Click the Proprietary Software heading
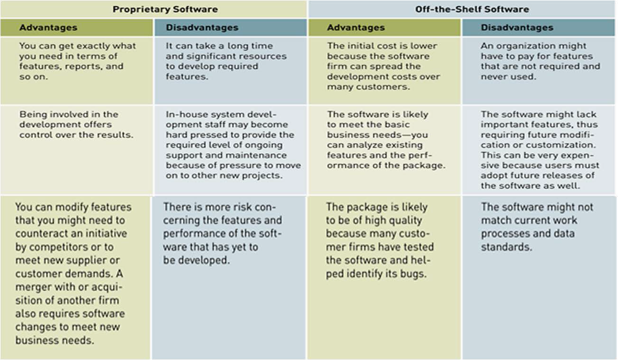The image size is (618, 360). click(x=165, y=9)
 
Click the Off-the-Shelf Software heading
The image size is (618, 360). click(x=472, y=9)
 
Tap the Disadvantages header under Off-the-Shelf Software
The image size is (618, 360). click(x=517, y=28)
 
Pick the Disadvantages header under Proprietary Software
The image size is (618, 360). click(x=202, y=28)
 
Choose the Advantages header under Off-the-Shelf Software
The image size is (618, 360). click(x=356, y=28)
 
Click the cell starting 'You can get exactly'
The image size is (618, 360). click(x=77, y=61)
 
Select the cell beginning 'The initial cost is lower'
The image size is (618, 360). click(x=383, y=66)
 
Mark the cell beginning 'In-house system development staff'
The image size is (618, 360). click(x=233, y=145)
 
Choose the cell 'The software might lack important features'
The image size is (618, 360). click(x=540, y=150)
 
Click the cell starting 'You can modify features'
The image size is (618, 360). click(x=73, y=274)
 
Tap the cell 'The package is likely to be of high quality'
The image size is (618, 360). click(x=380, y=240)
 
